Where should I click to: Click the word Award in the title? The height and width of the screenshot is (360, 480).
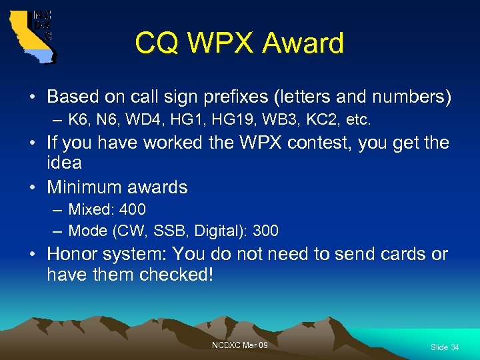[303, 44]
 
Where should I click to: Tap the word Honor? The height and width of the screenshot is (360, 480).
[72, 254]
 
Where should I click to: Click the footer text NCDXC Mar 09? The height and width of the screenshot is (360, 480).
[239, 345]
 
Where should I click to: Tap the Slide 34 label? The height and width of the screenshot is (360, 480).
[444, 347]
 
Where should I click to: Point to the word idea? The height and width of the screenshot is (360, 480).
[64, 163]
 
